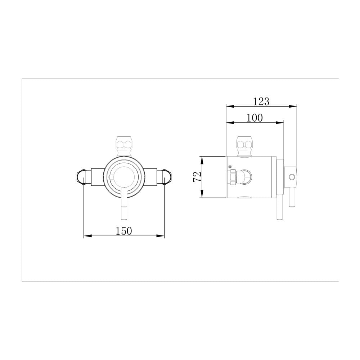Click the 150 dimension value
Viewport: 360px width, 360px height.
[124, 231]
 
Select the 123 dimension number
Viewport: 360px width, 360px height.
[261, 102]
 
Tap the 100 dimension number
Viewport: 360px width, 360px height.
[255, 118]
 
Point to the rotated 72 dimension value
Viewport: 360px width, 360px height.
[197, 177]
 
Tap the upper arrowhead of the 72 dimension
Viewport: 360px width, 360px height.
[202, 159]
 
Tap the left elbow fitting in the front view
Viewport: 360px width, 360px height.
[82, 177]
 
